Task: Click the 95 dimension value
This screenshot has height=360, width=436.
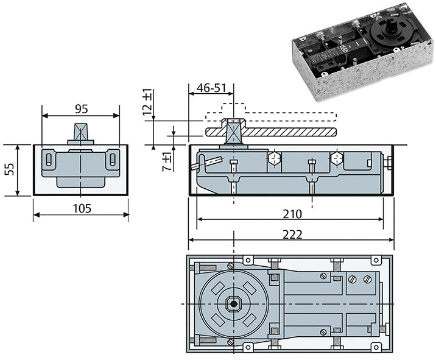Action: [81, 109]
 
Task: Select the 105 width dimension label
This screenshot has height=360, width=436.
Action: [81, 209]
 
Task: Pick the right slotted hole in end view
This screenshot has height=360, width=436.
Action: [113, 161]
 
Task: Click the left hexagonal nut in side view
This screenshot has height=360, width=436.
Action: [275, 160]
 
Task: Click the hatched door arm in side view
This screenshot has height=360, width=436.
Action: [286, 132]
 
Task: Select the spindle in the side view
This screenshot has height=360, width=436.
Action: [233, 132]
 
